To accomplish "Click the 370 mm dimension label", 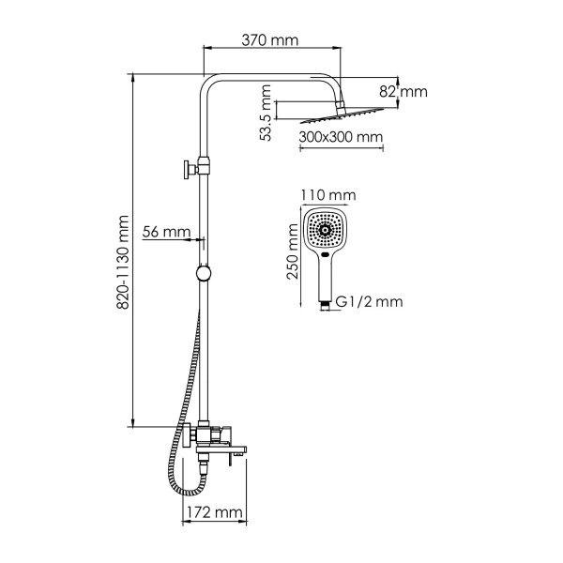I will pos(271,40).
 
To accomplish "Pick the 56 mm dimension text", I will pos(167,231).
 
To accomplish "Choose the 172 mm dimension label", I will pos(211,513).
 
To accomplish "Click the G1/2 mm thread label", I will pos(369,302).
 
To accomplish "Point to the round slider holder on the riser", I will pos(203,274).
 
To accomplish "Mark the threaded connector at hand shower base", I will pos(324,302).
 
